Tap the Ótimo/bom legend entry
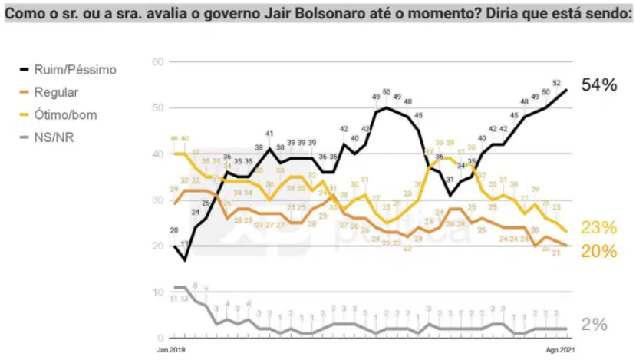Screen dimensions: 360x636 (x=65, y=116)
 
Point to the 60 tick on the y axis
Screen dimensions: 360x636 (x=157, y=62)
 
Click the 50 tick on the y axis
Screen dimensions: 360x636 (x=157, y=108)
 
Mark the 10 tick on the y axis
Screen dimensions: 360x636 (x=157, y=292)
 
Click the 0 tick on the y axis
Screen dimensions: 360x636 (x=159, y=338)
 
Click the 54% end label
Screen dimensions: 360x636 (x=599, y=85)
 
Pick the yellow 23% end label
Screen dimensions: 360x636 (x=599, y=228)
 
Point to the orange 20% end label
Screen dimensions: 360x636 (x=599, y=250)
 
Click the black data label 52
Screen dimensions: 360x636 (x=555, y=83)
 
